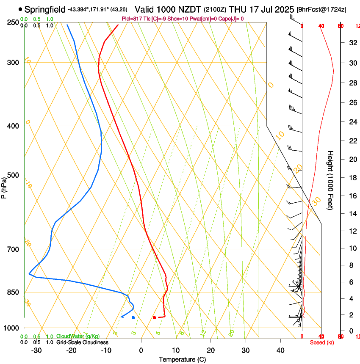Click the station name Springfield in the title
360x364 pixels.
coord(45,9)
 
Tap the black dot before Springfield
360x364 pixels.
coord(20,9)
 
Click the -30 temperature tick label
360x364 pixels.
coord(36,350)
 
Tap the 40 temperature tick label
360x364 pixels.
coord(280,350)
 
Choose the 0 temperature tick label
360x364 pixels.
coord(141,350)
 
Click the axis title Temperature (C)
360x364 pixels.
coord(182,359)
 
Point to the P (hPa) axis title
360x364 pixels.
coord(4,186)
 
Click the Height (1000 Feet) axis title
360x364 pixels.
coord(330,180)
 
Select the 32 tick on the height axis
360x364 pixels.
coord(352,43)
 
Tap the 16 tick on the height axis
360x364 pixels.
coord(352,196)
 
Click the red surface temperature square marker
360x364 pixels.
coord(155,317)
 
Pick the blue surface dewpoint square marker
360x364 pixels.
coord(133,317)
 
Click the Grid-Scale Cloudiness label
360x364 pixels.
coord(82,342)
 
